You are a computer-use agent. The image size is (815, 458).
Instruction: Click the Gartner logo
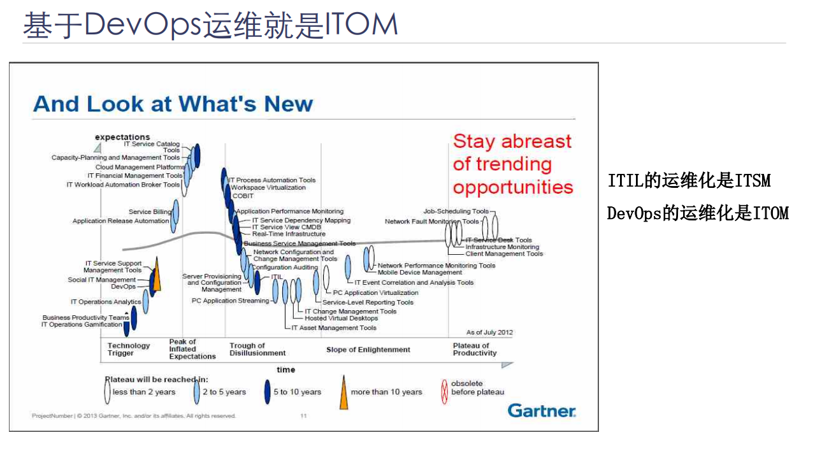(542, 411)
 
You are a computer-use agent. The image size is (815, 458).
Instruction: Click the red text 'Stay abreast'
(512, 141)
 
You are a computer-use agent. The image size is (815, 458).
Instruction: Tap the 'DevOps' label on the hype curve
(124, 287)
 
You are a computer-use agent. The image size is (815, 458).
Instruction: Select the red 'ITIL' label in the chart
(277, 276)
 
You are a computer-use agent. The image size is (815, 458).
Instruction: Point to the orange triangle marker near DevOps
(157, 276)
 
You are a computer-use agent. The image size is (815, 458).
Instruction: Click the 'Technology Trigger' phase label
(128, 349)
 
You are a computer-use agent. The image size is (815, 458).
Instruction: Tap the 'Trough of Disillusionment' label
(257, 349)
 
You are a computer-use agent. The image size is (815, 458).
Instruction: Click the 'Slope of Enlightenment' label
(368, 350)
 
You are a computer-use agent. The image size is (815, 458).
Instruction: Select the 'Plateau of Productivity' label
(474, 349)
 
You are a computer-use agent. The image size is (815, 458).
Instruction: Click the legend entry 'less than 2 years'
(143, 392)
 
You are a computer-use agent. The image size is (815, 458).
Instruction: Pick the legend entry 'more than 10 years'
(386, 392)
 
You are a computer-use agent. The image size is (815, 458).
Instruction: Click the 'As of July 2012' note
(489, 333)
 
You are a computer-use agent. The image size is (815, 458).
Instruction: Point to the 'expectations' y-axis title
(122, 137)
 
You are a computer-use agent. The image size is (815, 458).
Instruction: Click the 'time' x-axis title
(286, 369)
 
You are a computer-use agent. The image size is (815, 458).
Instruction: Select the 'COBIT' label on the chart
(243, 196)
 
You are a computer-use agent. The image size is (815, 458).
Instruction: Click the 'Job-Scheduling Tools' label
(456, 211)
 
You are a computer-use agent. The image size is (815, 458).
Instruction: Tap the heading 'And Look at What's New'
(173, 104)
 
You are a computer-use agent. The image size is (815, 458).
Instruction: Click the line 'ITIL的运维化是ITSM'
(689, 181)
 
